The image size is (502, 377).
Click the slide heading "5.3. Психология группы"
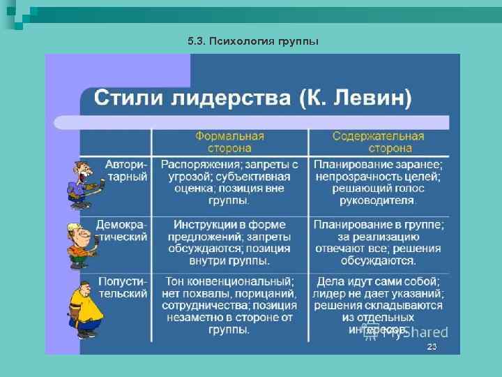(253, 41)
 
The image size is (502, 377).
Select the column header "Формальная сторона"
(229, 142)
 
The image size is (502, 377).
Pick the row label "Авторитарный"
(126, 170)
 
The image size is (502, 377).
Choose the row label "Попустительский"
(123, 287)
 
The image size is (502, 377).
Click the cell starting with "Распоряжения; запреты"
(229, 182)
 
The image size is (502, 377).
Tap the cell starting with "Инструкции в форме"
(229, 242)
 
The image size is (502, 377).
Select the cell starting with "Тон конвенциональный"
(229, 305)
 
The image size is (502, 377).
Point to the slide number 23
(432, 347)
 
